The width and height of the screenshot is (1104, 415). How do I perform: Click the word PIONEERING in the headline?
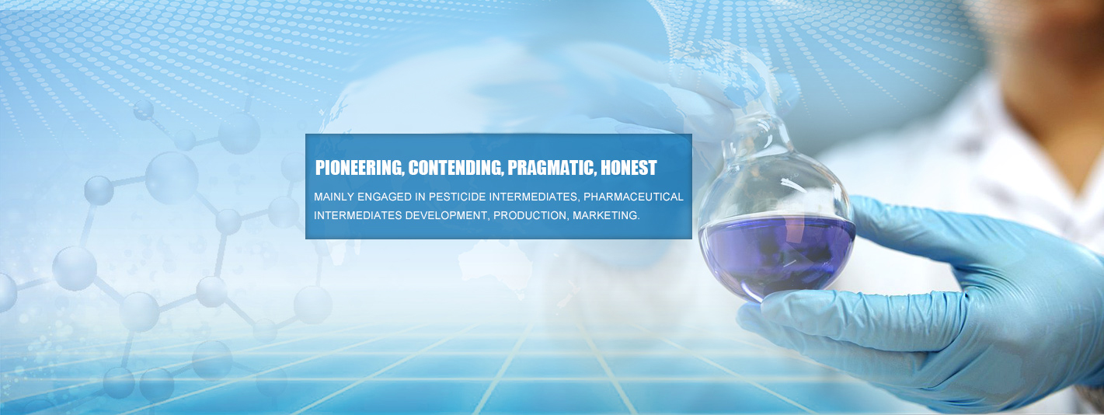(x=360, y=168)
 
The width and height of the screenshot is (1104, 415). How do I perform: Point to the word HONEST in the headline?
(x=629, y=168)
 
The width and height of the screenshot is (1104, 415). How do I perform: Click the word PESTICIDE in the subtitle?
(x=457, y=197)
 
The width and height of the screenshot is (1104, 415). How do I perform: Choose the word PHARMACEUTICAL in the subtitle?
(x=633, y=197)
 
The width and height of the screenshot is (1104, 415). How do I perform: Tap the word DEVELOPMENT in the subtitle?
(x=447, y=215)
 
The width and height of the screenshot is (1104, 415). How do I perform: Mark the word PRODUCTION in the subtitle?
(x=531, y=216)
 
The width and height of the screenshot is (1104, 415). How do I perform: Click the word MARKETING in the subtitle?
(x=606, y=215)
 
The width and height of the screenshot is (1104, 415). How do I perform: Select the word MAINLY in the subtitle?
(x=333, y=197)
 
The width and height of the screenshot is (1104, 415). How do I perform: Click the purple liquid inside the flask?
(x=777, y=256)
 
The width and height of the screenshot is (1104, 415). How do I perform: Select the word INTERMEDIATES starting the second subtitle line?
(x=358, y=215)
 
